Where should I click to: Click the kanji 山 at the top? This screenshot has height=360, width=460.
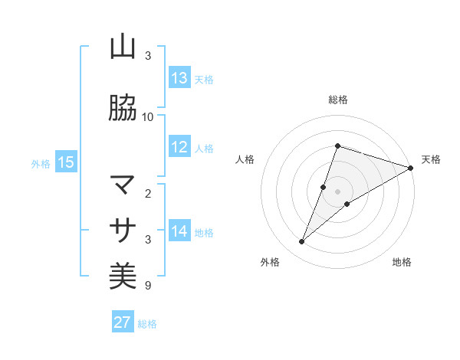tap(123, 47)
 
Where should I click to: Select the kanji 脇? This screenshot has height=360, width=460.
tap(123, 109)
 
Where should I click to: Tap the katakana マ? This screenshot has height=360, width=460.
tap(123, 185)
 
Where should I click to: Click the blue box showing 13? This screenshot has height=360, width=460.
tap(179, 78)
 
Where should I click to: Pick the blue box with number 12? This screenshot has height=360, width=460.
tap(179, 147)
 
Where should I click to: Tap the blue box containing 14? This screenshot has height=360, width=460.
tap(179, 231)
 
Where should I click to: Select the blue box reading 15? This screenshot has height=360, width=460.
tap(65, 162)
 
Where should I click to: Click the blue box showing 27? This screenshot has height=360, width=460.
tap(123, 322)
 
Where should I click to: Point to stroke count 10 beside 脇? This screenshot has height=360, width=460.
tap(148, 117)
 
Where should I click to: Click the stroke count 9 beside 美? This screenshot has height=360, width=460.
tap(148, 286)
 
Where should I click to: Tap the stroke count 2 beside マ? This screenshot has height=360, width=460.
tap(148, 194)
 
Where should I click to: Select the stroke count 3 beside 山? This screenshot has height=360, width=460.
tap(148, 56)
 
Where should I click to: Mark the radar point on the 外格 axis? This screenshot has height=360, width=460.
tap(301, 242)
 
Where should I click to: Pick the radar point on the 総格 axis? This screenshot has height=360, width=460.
tap(337, 146)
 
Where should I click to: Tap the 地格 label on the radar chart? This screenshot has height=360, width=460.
tap(402, 263)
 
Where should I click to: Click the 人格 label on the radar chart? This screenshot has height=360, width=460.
tap(245, 159)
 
